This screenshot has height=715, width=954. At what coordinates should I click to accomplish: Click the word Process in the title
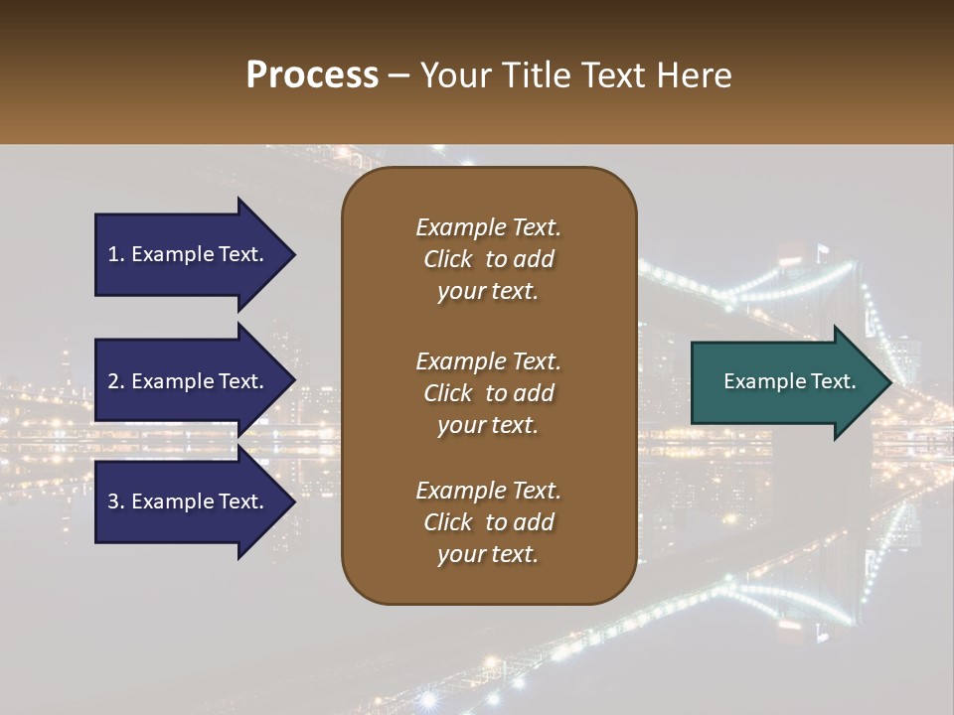(312, 75)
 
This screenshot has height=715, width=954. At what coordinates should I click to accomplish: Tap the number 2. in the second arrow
(116, 381)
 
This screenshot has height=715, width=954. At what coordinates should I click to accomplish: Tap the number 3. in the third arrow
(116, 501)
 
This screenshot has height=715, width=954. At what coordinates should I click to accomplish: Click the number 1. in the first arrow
(116, 254)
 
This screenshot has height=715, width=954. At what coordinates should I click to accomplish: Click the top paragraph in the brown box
(488, 259)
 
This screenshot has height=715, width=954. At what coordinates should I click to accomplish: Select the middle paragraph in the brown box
(488, 392)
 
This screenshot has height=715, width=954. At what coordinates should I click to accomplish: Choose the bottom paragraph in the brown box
(488, 522)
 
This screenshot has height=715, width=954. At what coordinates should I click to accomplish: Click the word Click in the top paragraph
(447, 259)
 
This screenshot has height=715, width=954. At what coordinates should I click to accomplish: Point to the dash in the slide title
(399, 75)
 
